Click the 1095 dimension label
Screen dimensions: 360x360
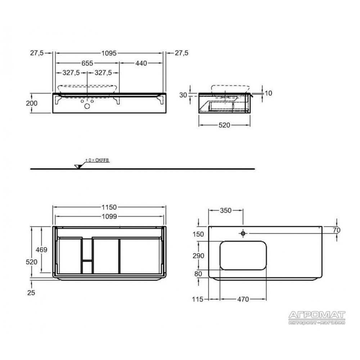click(x=109, y=53)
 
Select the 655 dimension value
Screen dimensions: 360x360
click(x=87, y=63)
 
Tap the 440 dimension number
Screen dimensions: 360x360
click(x=141, y=63)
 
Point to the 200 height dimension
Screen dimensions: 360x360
click(x=32, y=103)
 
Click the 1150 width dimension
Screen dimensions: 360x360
click(x=109, y=207)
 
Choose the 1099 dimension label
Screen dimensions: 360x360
click(x=109, y=216)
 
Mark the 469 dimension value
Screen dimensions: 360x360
click(x=41, y=249)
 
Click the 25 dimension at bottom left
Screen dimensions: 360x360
click(x=31, y=293)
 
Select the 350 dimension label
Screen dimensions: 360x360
click(x=226, y=211)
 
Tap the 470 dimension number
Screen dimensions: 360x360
click(x=243, y=299)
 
